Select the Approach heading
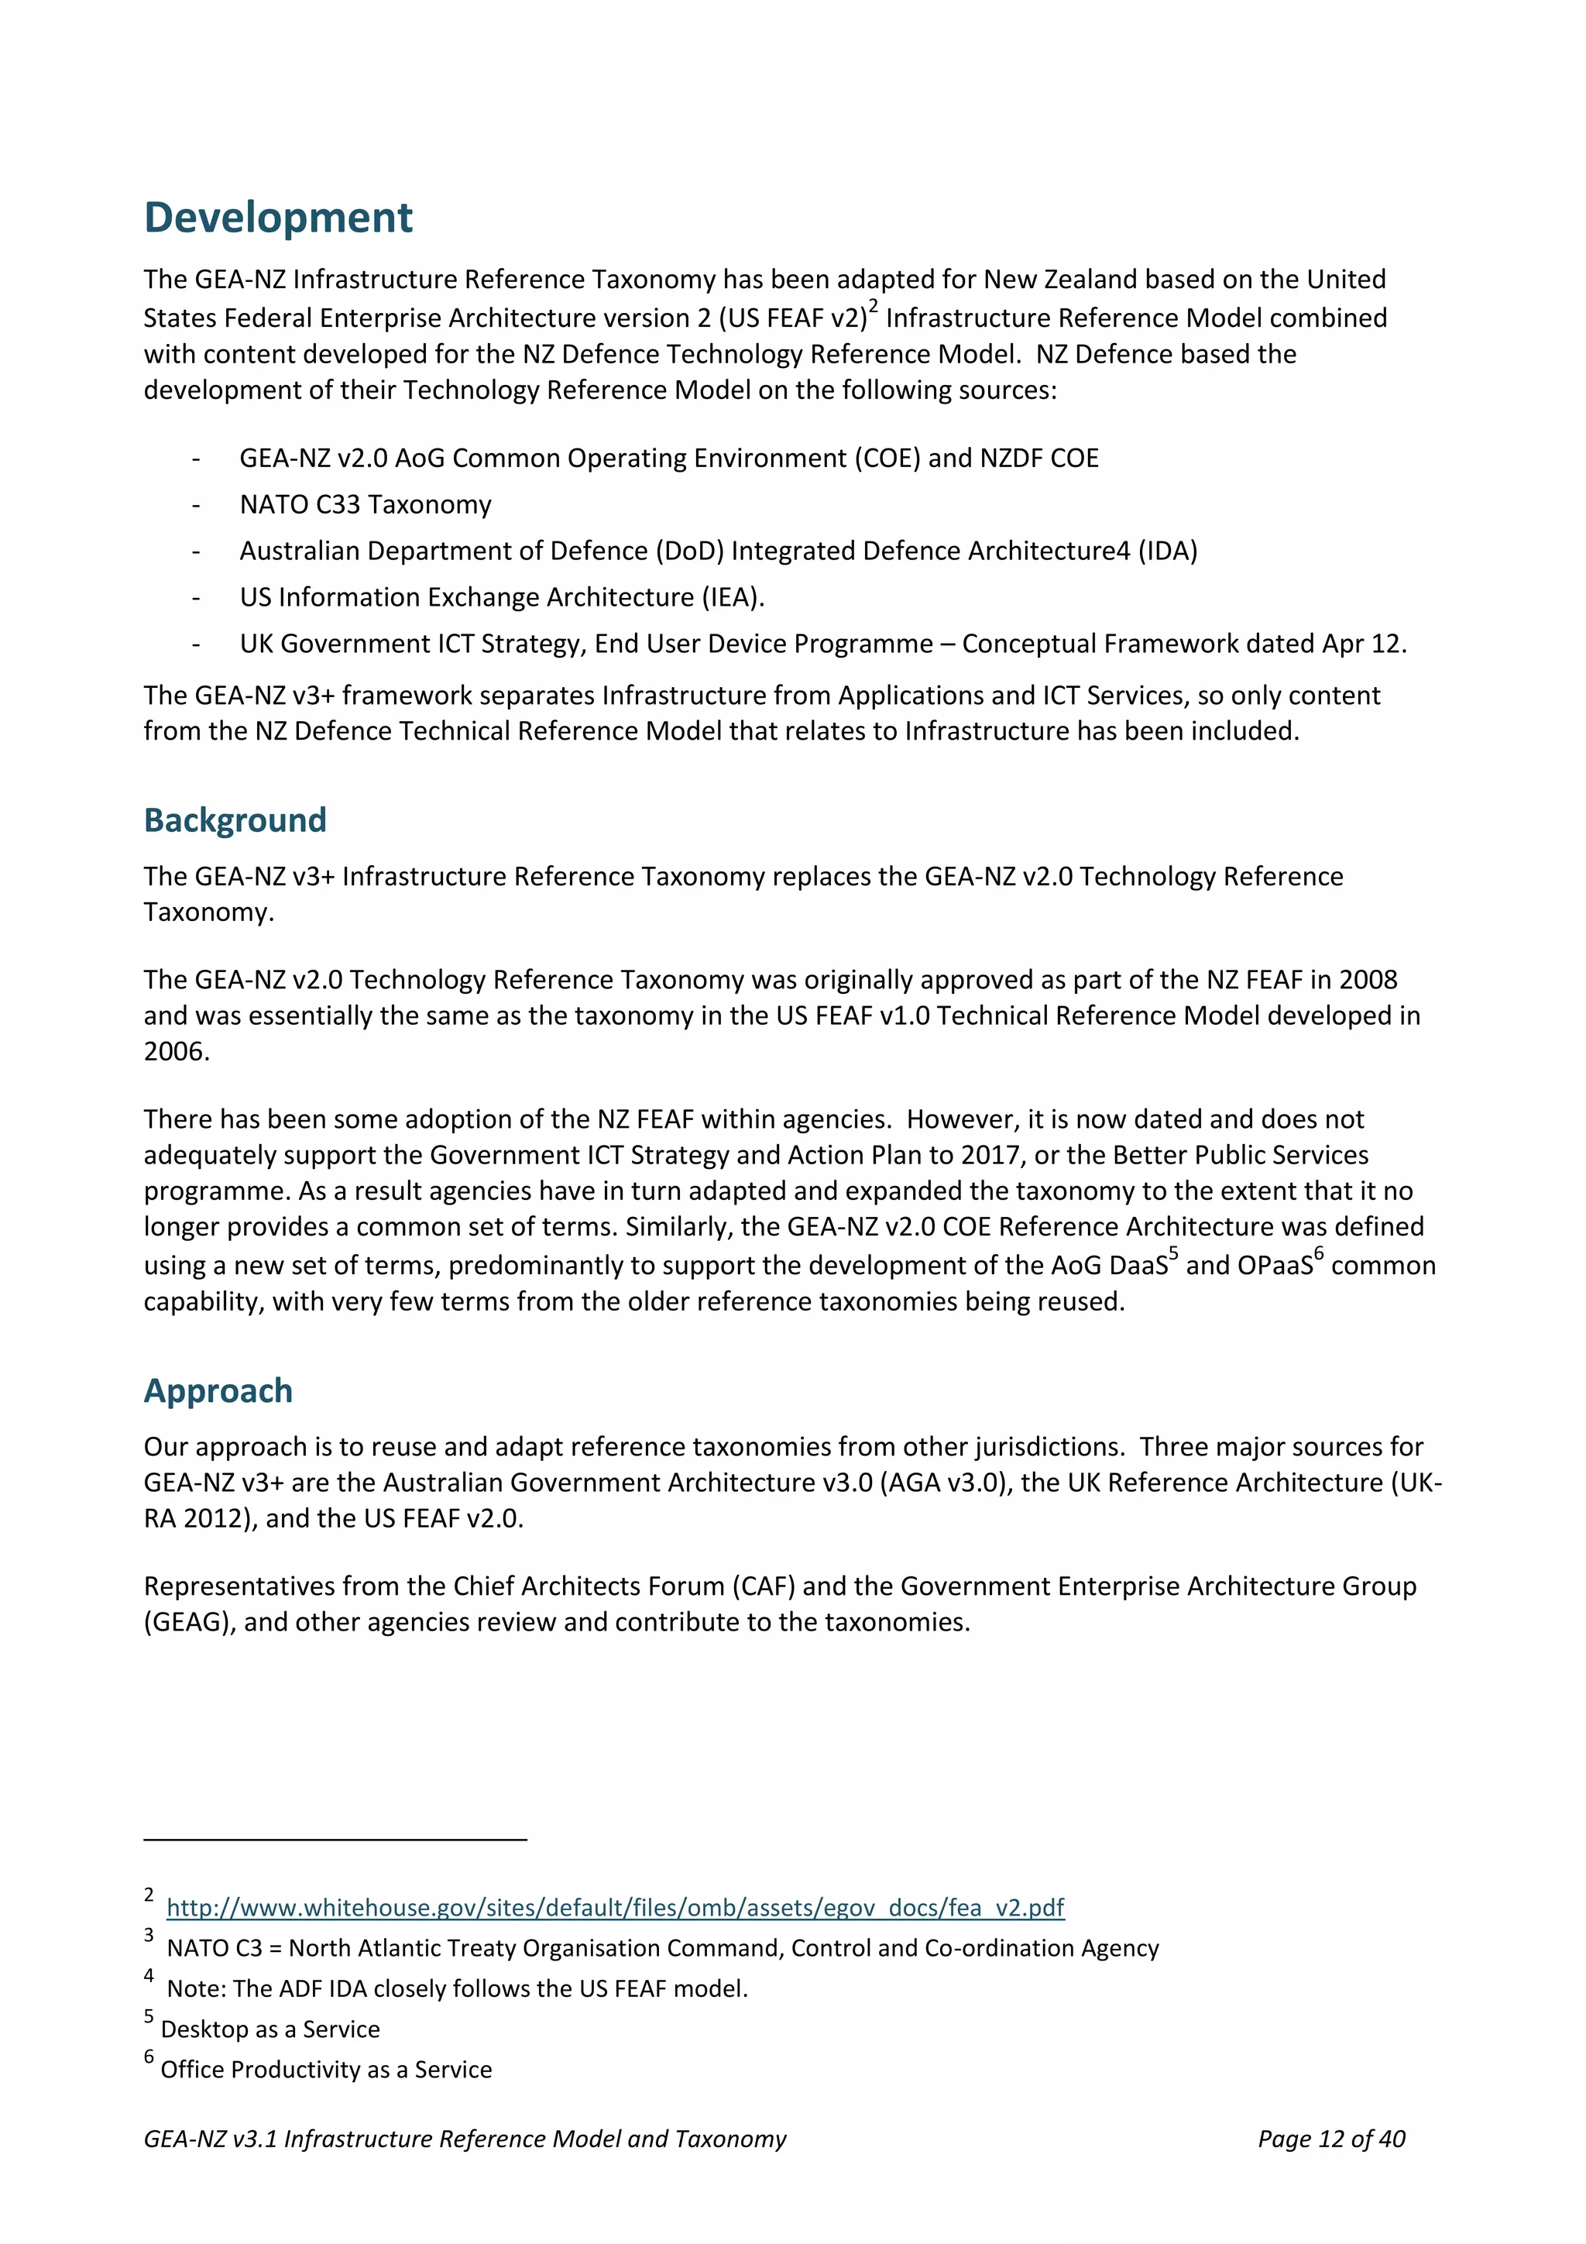pos(218,1390)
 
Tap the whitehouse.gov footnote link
pos(615,1907)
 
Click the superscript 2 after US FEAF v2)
pos(874,307)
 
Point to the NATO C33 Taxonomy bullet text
pos(366,504)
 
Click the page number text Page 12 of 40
pos(1331,2139)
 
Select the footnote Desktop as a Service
pos(269,2029)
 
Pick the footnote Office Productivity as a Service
pos(325,2069)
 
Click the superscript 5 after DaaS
pos(1173,1254)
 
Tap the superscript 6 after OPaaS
pos(1318,1254)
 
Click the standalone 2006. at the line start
pos(177,1052)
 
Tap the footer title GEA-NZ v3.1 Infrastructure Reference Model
pos(464,2139)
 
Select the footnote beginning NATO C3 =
pos(661,1948)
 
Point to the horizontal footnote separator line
pos(335,1840)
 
